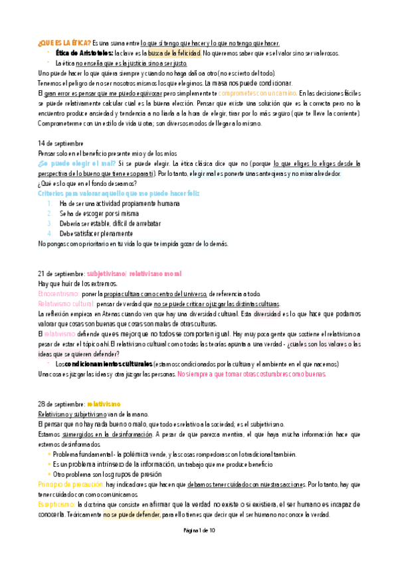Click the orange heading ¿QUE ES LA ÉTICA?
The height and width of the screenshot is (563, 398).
click(x=64, y=41)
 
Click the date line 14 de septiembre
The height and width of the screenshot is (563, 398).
click(x=60, y=142)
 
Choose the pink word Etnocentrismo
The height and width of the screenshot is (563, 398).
click(x=58, y=293)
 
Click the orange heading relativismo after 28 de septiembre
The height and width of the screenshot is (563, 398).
click(x=103, y=404)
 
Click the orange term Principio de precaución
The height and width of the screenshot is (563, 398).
click(x=72, y=485)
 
